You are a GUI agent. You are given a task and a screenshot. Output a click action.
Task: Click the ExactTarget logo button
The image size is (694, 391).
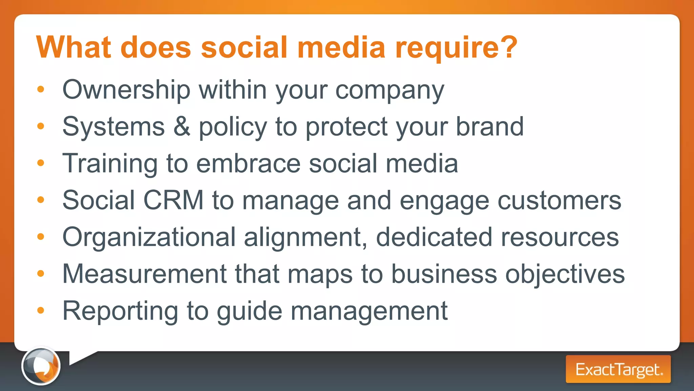point(618,369)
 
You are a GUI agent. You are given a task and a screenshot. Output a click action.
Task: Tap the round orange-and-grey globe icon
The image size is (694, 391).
point(41,366)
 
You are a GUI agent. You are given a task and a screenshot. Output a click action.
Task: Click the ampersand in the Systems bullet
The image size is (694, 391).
point(182,126)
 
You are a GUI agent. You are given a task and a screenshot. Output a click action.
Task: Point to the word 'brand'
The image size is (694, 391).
point(490,126)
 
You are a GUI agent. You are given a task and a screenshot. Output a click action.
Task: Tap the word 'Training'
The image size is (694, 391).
point(110,164)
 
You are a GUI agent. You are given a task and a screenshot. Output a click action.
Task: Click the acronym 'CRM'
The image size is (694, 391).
point(173,200)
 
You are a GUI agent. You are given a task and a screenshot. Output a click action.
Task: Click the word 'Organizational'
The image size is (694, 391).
point(149,237)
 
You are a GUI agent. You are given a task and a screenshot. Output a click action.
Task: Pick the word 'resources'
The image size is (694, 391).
point(560,237)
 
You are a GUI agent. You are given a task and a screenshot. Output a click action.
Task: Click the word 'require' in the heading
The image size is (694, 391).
point(446,48)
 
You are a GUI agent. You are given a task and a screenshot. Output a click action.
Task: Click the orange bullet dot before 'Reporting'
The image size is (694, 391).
point(41,310)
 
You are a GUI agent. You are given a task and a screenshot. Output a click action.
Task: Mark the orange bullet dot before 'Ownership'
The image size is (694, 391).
point(41,89)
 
